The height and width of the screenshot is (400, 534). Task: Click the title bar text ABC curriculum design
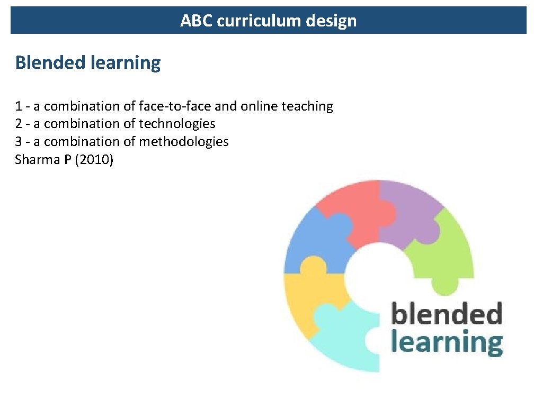pyautogui.click(x=268, y=21)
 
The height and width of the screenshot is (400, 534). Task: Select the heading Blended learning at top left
pyautogui.click(x=88, y=63)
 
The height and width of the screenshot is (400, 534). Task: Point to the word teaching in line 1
pyautogui.click(x=307, y=106)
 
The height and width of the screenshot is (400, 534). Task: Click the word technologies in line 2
pyautogui.click(x=177, y=124)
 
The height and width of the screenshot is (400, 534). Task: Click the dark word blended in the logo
pyautogui.click(x=446, y=314)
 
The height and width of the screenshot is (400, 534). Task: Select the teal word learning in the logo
pyautogui.click(x=446, y=342)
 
